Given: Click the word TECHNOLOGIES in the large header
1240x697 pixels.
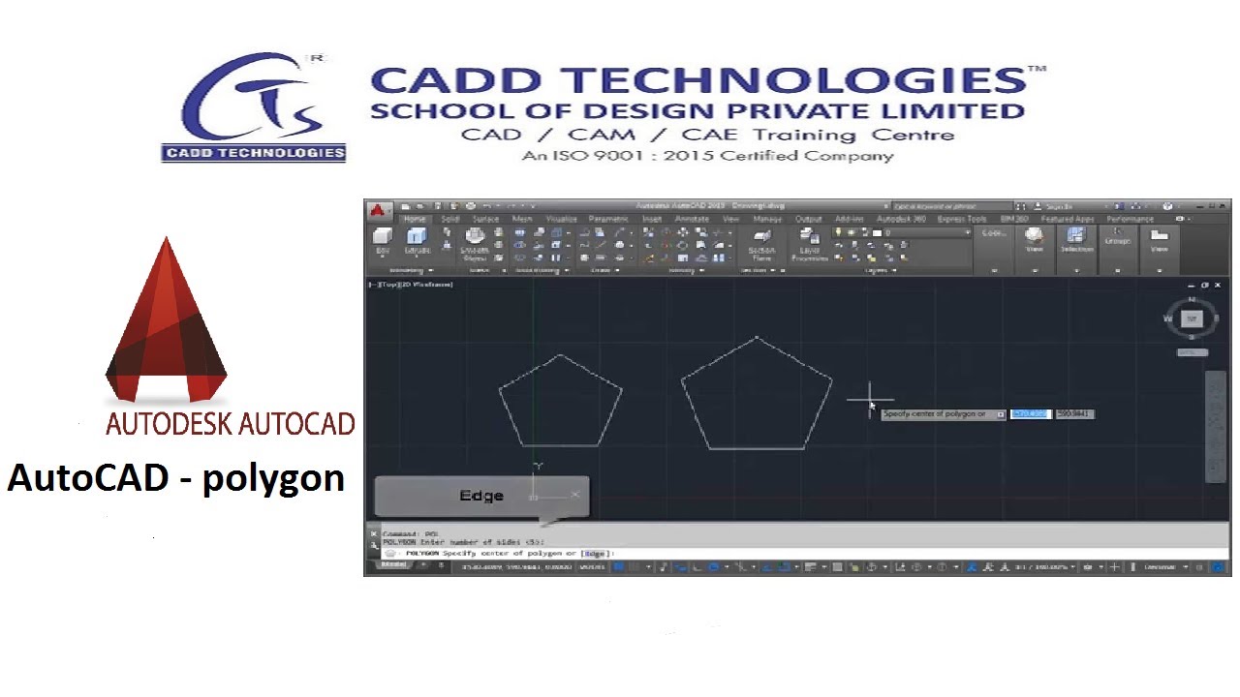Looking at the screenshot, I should tap(793, 81).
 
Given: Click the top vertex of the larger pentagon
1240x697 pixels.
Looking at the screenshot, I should tap(757, 338).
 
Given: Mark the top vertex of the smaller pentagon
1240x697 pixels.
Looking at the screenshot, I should tap(560, 354).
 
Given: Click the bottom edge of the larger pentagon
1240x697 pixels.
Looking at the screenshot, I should tap(757, 449).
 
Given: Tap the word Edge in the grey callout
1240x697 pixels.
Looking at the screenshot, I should tap(481, 496).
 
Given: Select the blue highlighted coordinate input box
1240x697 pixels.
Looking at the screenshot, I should tap(1029, 414).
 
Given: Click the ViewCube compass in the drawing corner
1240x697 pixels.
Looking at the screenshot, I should tap(1192, 318).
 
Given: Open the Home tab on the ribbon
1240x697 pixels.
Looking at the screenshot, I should tap(415, 220).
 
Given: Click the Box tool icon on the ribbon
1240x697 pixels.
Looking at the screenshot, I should tap(383, 240).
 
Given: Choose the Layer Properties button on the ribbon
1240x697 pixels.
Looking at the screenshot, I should tap(809, 243).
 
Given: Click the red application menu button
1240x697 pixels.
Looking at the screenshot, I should tap(379, 209).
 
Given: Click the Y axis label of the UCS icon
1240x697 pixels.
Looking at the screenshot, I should tap(538, 467).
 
